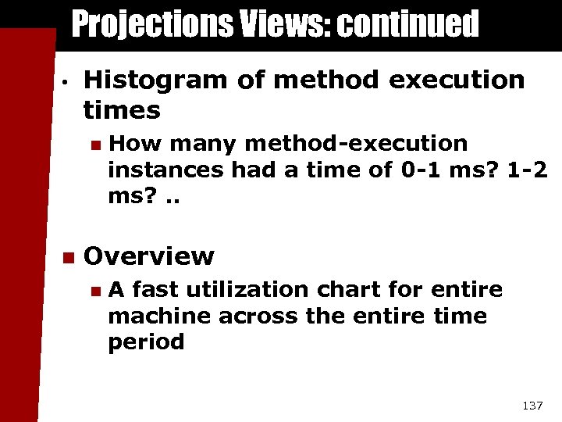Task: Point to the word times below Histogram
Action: coord(122,110)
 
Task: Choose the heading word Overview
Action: coord(148,256)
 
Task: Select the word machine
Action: coord(160,316)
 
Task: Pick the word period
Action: coord(147,342)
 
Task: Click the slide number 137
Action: coord(532,406)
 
